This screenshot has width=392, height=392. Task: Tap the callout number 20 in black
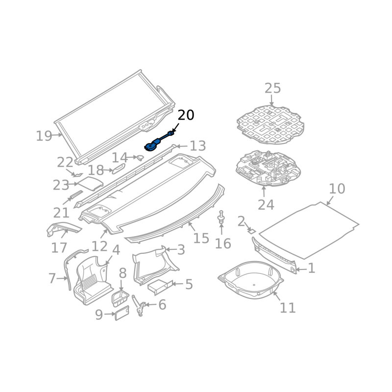pyautogui.click(x=186, y=115)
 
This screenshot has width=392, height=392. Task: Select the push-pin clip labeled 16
pyautogui.click(x=221, y=217)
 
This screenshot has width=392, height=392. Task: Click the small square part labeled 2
pyautogui.click(x=251, y=231)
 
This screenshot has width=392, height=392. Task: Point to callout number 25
pyautogui.click(x=272, y=88)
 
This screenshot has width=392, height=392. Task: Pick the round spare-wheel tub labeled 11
pyautogui.click(x=250, y=280)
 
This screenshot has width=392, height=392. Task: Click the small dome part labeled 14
pyautogui.click(x=140, y=157)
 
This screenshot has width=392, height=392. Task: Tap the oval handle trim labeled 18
pyautogui.click(x=119, y=169)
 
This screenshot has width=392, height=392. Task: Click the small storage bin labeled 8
pyautogui.click(x=120, y=299)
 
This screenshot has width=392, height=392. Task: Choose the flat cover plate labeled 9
pyautogui.click(x=122, y=313)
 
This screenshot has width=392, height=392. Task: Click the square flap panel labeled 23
pyautogui.click(x=91, y=184)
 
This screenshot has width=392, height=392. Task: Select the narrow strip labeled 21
pyautogui.click(x=76, y=195)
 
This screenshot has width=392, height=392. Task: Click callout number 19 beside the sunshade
pyautogui.click(x=44, y=136)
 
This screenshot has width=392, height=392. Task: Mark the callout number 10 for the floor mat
pyautogui.click(x=337, y=189)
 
